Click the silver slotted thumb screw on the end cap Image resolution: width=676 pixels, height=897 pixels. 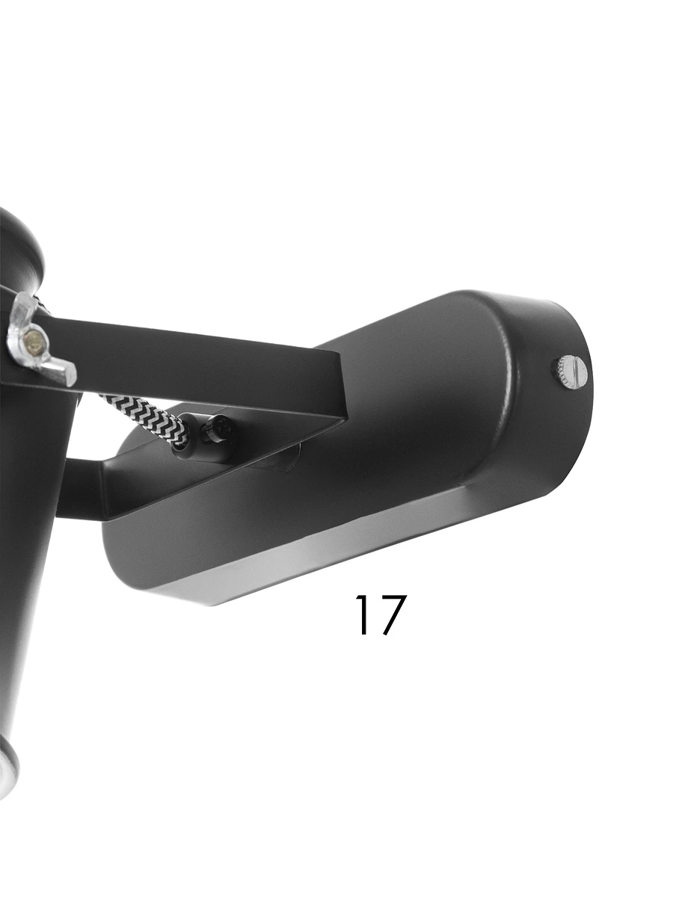point(570,372)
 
